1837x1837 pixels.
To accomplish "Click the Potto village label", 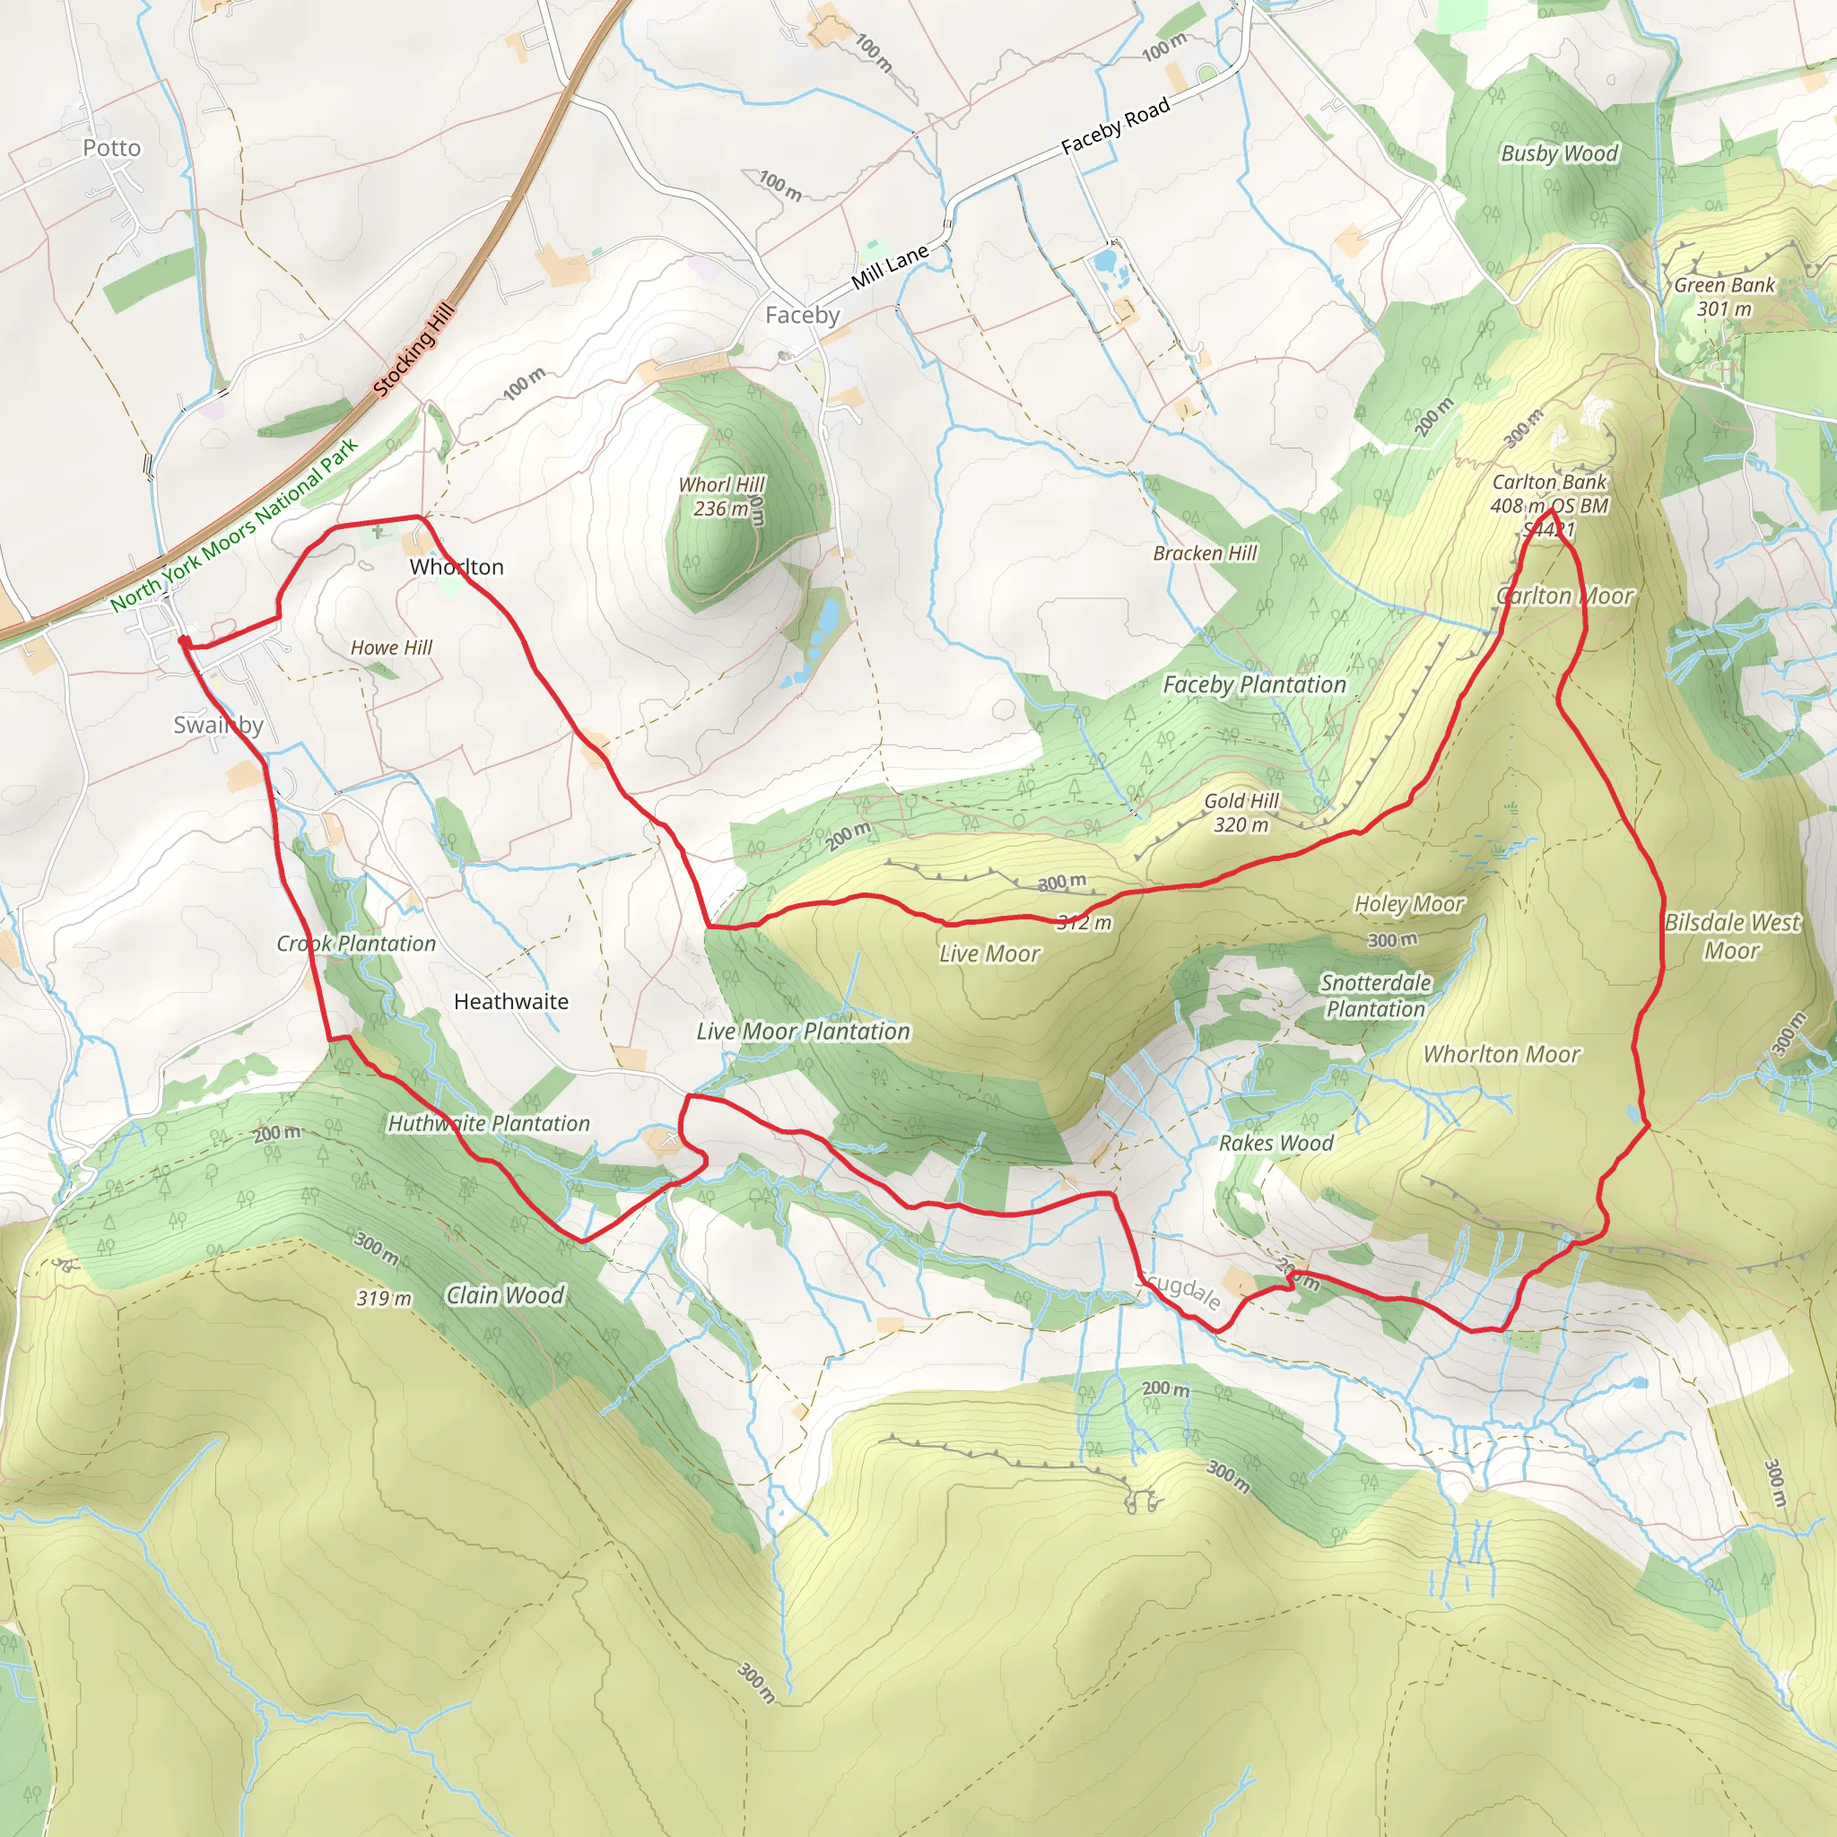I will tap(111, 147).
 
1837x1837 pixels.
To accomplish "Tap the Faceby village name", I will tap(803, 315).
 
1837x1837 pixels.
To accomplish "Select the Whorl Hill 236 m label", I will tap(721, 496).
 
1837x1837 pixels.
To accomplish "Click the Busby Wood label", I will tap(1558, 153).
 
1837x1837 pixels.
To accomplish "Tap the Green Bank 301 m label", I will tap(1724, 297).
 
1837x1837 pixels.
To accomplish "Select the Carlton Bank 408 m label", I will tap(1549, 494).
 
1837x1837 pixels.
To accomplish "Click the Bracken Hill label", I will tap(1205, 553).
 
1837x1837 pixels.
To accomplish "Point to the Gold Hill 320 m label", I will tap(1241, 813).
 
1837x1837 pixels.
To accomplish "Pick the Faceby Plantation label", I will tap(1254, 684).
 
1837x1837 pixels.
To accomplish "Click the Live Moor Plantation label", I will tap(803, 1032).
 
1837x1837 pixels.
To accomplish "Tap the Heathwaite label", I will tap(510, 1001).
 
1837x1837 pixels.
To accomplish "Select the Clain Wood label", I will tap(505, 1296).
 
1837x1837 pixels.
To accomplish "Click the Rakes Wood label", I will tap(1276, 1143).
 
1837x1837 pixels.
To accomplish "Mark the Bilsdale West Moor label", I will tap(1731, 936).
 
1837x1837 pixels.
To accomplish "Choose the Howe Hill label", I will tap(391, 648).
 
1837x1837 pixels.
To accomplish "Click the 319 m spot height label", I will tap(384, 1299).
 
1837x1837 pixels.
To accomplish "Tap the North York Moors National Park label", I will tap(234, 525).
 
